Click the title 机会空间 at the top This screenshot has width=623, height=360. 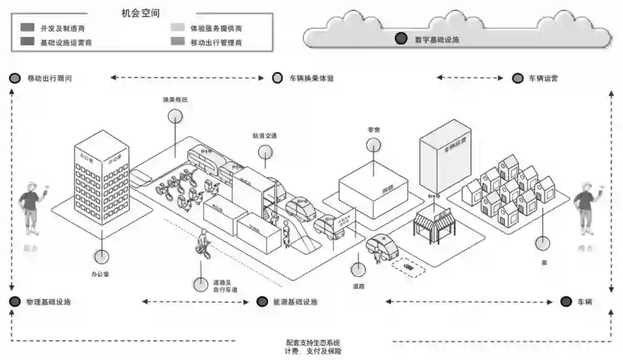coord(141,13)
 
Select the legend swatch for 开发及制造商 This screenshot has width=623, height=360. coord(27,28)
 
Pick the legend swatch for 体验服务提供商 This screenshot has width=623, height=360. coord(177,28)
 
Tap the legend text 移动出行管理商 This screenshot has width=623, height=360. coord(216,42)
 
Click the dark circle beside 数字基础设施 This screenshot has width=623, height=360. coord(400,39)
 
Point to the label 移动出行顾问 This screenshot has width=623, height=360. coord(50,78)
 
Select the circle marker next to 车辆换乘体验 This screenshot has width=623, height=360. coord(277,78)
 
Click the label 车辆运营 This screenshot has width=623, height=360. coord(543,78)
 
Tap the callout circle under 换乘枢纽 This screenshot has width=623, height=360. coord(175,116)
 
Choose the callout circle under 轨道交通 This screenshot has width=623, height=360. coord(265,152)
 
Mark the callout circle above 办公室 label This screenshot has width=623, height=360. coord(102,256)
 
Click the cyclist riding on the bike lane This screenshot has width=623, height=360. coord(202,243)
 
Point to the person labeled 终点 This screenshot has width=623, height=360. coord(586,205)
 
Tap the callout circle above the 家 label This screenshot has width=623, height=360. coord(542,243)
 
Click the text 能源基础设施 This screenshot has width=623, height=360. coord(295,302)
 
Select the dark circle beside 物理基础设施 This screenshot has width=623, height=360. coord(15,302)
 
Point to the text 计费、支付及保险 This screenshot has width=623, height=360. coord(313,351)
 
